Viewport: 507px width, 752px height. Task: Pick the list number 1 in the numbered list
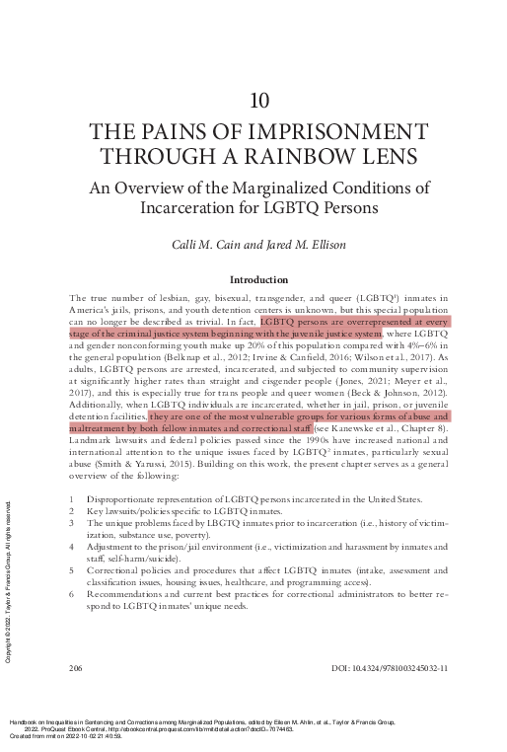pyautogui.click(x=72, y=499)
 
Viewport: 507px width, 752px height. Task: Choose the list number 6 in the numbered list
pyautogui.click(x=72, y=594)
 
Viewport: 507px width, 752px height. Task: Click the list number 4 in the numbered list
pyautogui.click(x=72, y=546)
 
